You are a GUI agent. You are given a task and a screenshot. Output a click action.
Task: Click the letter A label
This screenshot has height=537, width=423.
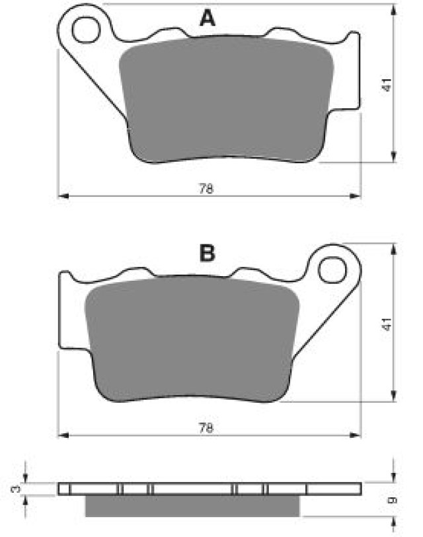tap(208, 18)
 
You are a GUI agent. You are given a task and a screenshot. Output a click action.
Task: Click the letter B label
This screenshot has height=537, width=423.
tap(208, 254)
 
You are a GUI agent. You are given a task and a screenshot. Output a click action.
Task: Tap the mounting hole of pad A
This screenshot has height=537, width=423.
tap(86, 30)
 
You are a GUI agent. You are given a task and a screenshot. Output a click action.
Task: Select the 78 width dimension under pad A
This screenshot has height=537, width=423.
tap(206, 188)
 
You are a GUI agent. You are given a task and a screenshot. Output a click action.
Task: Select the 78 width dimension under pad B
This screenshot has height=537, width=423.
tap(206, 428)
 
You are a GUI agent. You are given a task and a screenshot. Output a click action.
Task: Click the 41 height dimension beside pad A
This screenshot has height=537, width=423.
tap(387, 85)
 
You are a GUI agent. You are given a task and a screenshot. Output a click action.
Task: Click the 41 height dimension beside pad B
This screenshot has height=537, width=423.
tap(387, 324)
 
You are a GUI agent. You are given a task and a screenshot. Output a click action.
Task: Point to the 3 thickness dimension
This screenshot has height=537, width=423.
tap(16, 489)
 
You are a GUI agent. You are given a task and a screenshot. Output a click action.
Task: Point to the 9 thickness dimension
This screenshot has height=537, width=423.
tap(393, 501)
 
